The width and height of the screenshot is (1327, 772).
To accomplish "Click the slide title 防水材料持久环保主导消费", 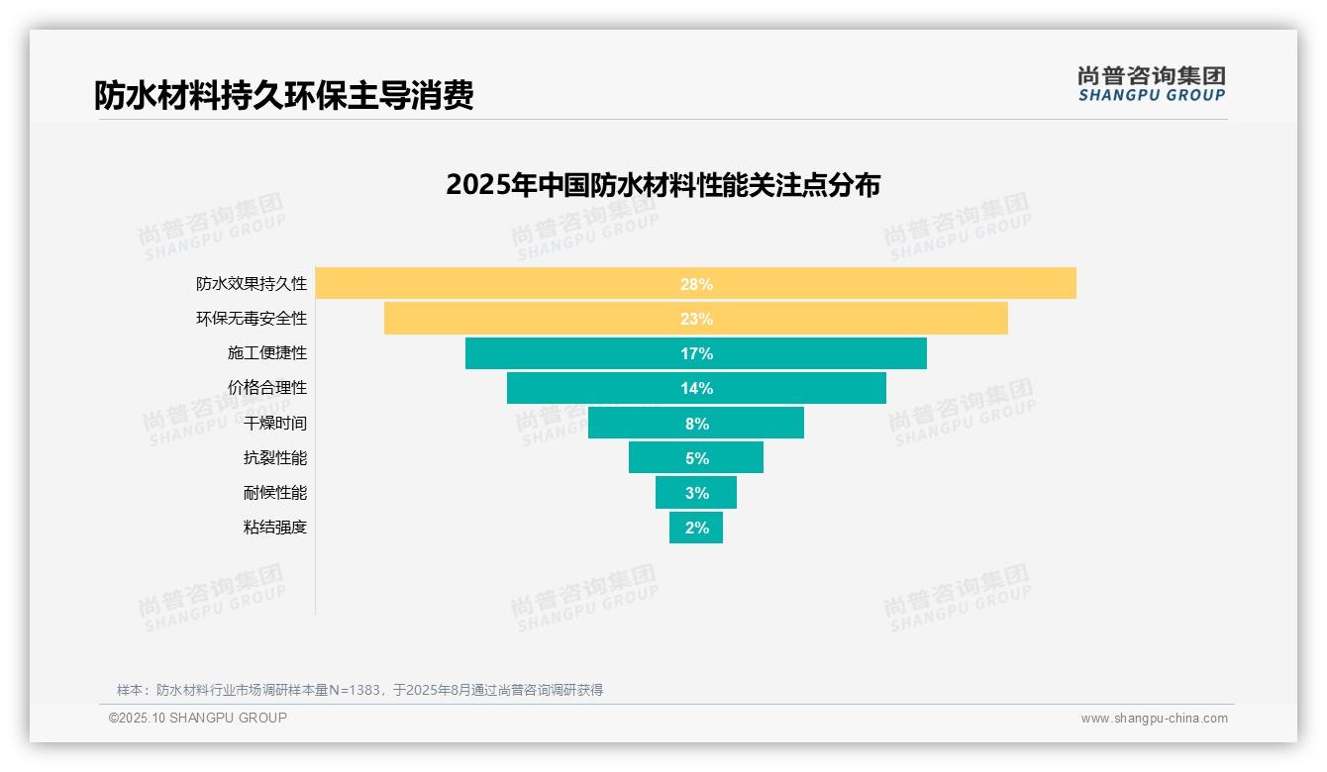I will coord(284,95).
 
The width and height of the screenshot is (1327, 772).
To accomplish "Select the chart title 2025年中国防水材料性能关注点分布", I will coord(663,185).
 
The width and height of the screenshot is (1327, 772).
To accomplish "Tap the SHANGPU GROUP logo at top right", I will coord(1151,84).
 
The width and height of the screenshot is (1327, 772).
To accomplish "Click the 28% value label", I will coord(696,284).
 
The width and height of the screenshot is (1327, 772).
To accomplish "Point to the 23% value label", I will coord(696,319).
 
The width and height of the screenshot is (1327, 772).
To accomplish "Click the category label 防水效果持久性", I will coord(252,284).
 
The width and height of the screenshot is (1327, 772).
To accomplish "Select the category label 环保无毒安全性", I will coord(252,319).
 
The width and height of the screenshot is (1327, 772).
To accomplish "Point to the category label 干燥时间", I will coord(275,424).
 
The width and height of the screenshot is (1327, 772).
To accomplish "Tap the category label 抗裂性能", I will coord(275,458).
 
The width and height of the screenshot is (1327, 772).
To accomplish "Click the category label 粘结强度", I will coord(275,528).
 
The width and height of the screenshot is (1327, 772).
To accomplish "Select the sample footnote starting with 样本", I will coord(359,690).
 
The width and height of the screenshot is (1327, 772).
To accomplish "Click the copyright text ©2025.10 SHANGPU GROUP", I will coord(198,718).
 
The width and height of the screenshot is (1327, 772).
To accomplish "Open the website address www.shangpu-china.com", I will coord(1154,719).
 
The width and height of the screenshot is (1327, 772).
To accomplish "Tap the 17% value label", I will coord(696,353).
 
